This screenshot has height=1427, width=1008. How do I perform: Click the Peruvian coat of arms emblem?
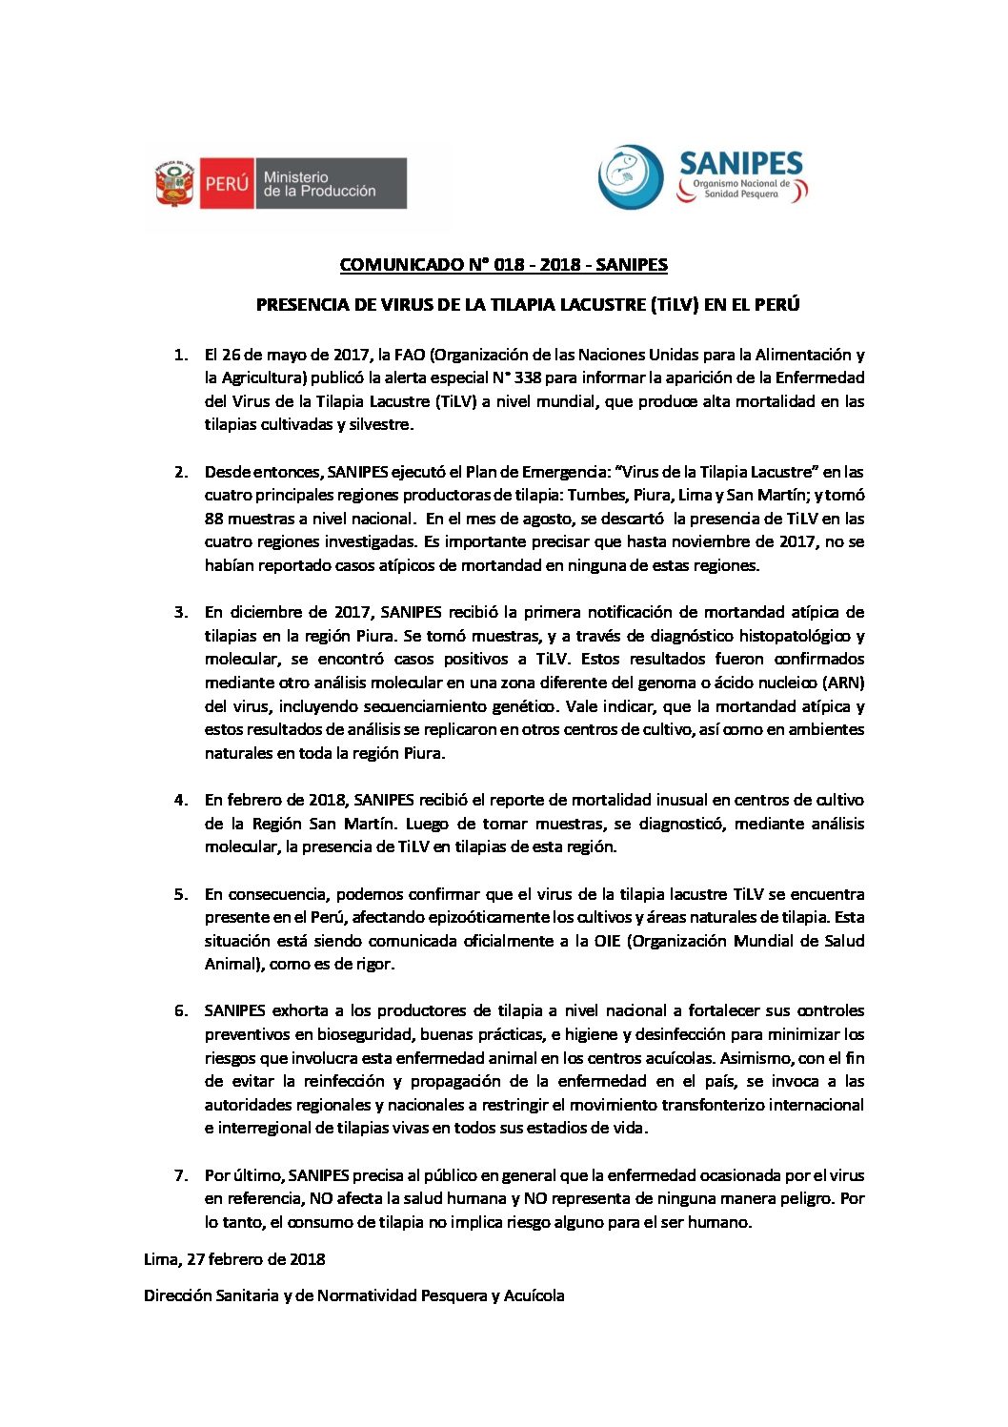pyautogui.click(x=175, y=183)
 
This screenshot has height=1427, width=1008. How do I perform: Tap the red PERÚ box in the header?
pyautogui.click(x=226, y=183)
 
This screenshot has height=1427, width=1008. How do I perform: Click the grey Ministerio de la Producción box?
pyautogui.click(x=330, y=183)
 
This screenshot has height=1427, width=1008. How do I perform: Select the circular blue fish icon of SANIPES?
pyautogui.click(x=631, y=177)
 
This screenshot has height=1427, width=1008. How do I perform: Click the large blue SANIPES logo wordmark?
pyautogui.click(x=741, y=163)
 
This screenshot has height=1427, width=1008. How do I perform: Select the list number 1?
pyautogui.click(x=180, y=355)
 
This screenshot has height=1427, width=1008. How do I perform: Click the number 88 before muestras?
pyautogui.click(x=214, y=519)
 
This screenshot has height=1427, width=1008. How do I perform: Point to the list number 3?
pyautogui.click(x=180, y=612)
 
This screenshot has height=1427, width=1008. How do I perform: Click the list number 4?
pyautogui.click(x=180, y=800)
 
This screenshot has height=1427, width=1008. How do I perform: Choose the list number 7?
pyautogui.click(x=180, y=1175)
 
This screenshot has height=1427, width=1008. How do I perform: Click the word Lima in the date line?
pyautogui.click(x=160, y=1259)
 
